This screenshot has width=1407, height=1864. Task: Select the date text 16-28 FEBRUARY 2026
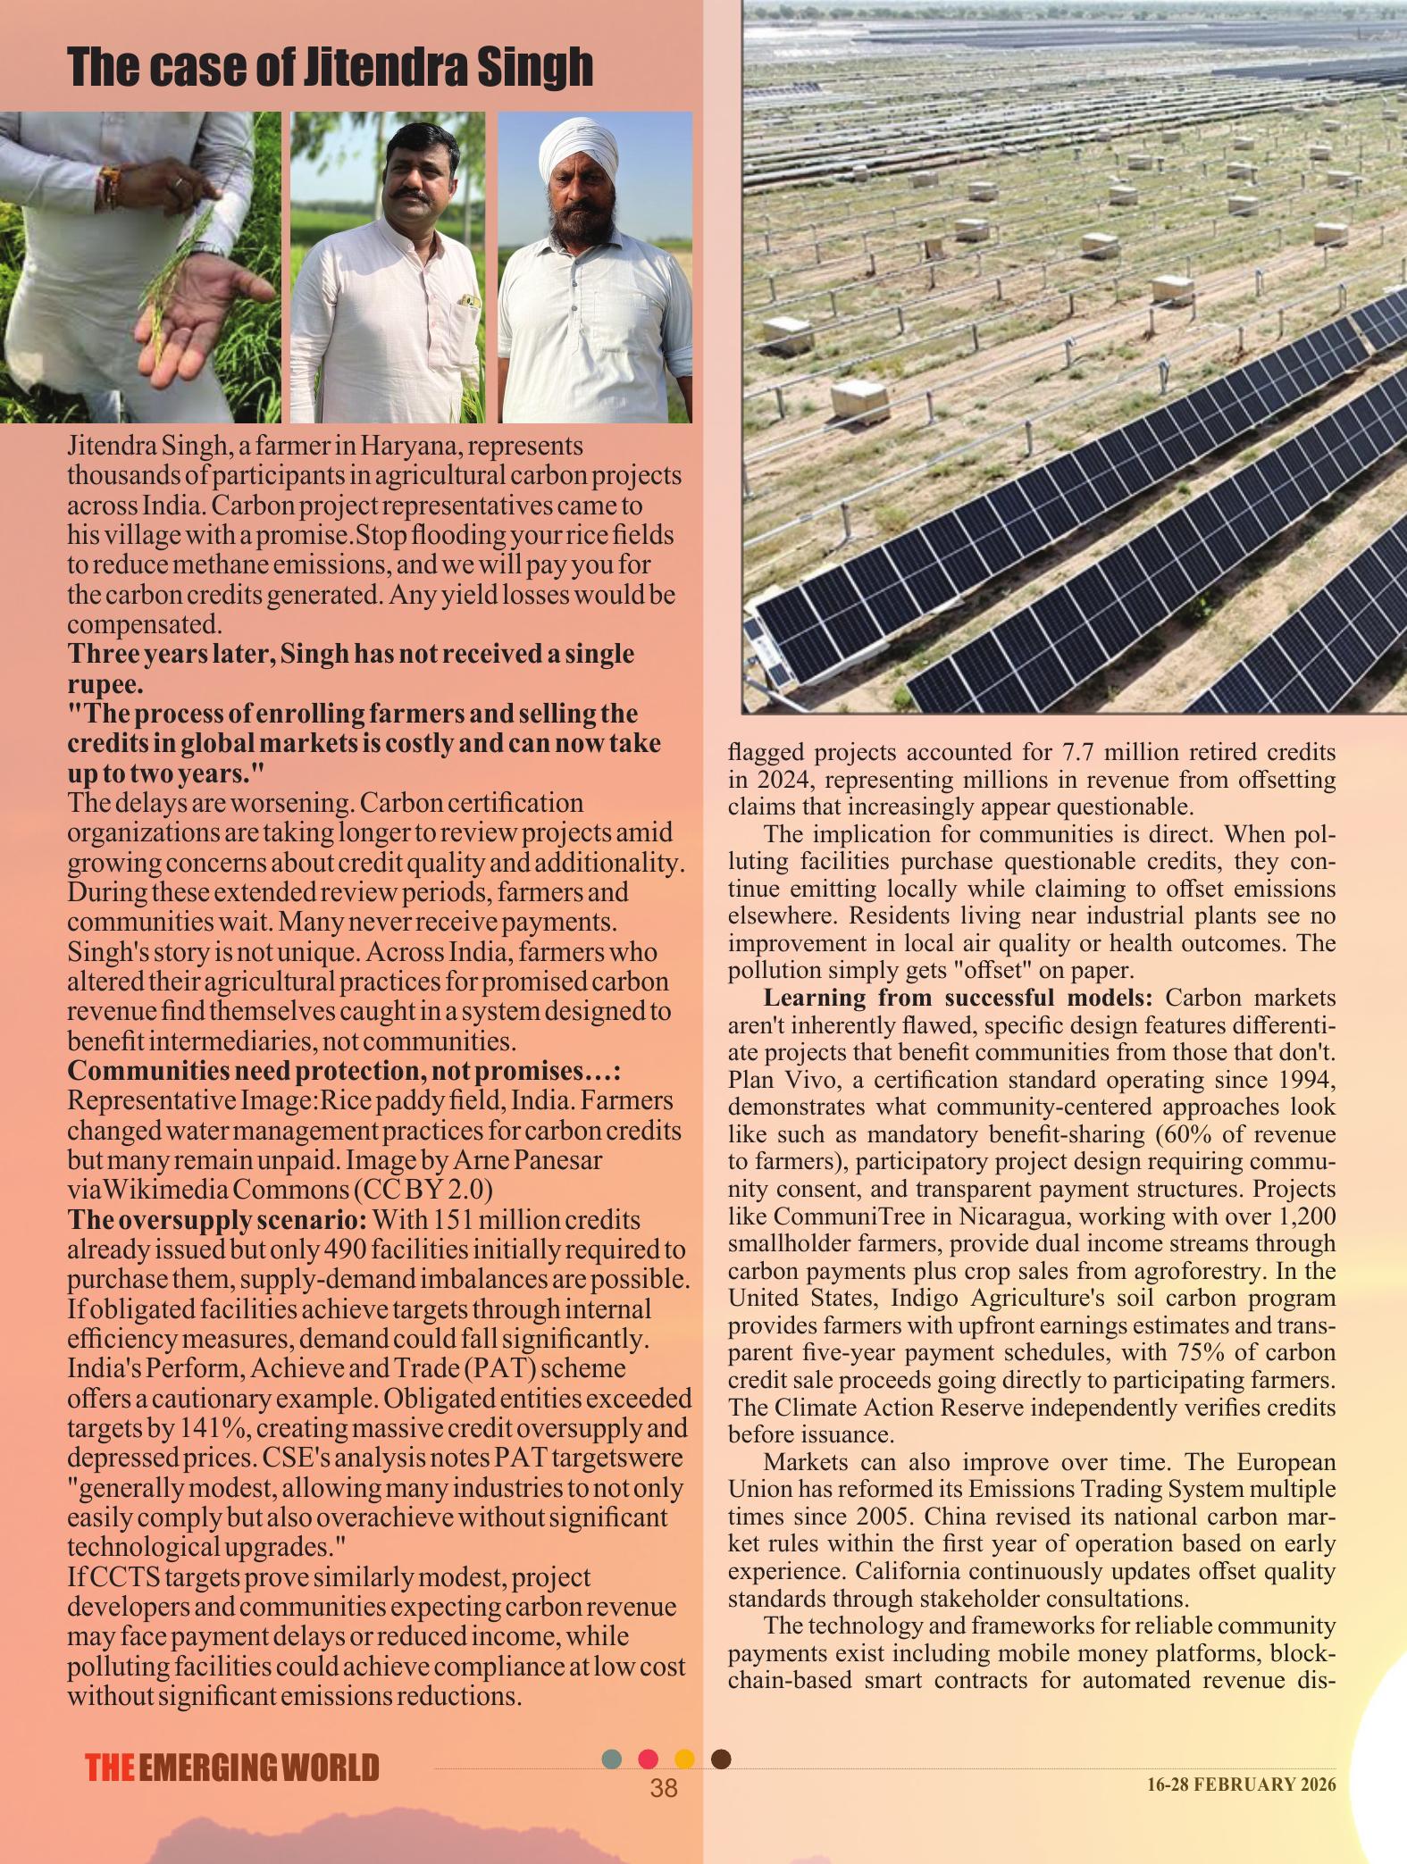1242,1785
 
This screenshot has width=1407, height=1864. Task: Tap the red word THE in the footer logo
110,1768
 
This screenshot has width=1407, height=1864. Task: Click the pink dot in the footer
649,1759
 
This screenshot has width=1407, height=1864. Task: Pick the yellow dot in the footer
684,1759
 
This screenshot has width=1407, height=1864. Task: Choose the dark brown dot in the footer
722,1759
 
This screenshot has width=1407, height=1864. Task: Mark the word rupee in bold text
104,684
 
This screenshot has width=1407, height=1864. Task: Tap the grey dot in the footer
612,1759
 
